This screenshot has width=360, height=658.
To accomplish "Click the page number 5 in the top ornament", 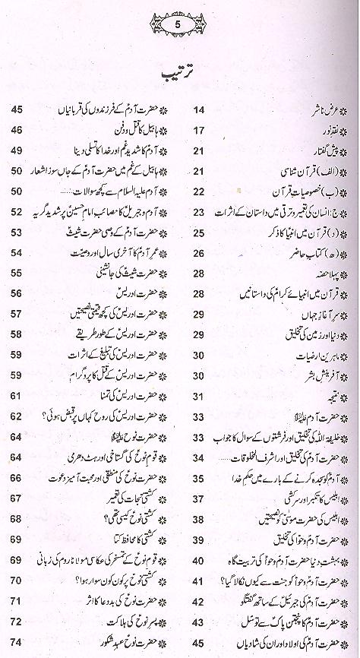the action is (x=179, y=24).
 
